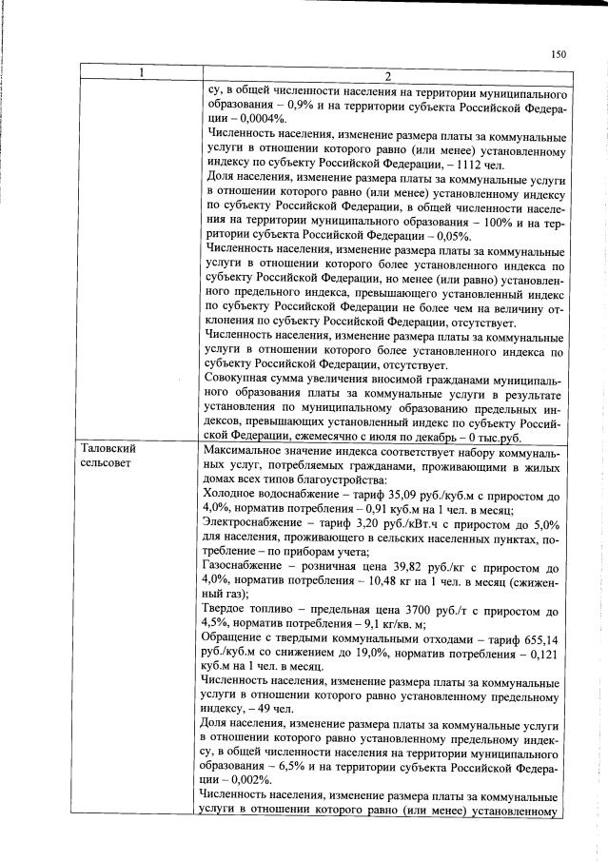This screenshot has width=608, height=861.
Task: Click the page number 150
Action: (x=559, y=54)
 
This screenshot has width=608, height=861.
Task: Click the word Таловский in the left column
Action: (x=107, y=447)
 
